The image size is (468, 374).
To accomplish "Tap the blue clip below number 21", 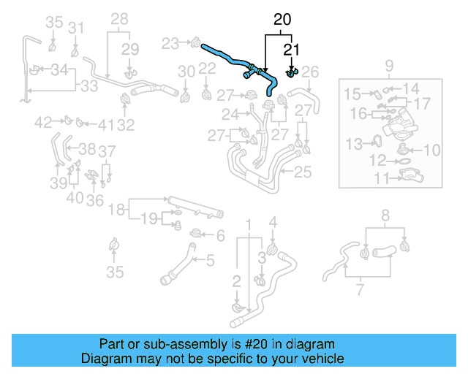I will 291,72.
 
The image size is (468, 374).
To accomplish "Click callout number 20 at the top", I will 282,20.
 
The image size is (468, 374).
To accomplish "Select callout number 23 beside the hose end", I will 170,44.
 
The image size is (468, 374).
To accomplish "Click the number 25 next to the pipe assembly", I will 302,172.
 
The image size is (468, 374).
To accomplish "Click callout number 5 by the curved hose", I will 209,259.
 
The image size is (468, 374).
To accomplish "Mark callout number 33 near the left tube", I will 88,86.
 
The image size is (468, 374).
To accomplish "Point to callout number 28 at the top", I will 118,19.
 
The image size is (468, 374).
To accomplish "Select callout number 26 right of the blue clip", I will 310,72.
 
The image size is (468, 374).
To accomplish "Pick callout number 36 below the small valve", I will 94,199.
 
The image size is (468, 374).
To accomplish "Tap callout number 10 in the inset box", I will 432,150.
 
